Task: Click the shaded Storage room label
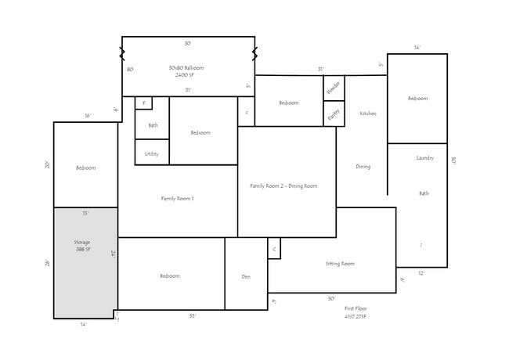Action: [x=82, y=246]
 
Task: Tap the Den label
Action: [x=246, y=276]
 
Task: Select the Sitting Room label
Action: [x=340, y=264]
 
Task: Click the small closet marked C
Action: [x=273, y=249]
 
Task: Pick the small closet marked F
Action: [x=143, y=103]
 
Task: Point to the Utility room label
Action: [x=152, y=154]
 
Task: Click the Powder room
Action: [x=334, y=87]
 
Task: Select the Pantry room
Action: [x=334, y=113]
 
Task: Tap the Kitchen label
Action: [x=368, y=113]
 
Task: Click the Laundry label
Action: [x=425, y=158]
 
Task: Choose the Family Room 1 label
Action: [x=177, y=199]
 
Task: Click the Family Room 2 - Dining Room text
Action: [x=283, y=185]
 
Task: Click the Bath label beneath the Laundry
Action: [x=424, y=193]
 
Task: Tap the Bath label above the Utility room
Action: [x=153, y=125]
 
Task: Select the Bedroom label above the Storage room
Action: [x=85, y=168]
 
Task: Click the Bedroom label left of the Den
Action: [x=170, y=276]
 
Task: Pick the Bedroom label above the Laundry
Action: [x=417, y=99]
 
